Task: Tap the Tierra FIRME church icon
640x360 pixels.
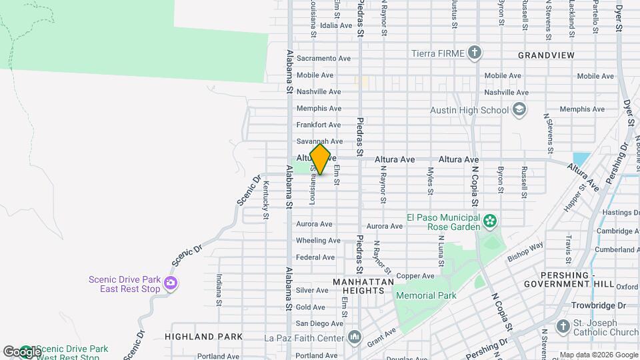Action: pyautogui.click(x=474, y=53)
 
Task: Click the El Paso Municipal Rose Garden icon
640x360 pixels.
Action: pyautogui.click(x=490, y=221)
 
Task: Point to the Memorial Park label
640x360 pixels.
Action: pyautogui.click(x=425, y=295)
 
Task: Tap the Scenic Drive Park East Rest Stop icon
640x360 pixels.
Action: pyautogui.click(x=171, y=284)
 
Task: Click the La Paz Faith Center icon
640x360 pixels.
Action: pyautogui.click(x=353, y=337)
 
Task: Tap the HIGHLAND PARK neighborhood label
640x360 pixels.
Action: pyautogui.click(x=203, y=337)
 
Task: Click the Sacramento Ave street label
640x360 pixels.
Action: pyautogui.click(x=323, y=59)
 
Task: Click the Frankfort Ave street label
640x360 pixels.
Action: pyautogui.click(x=319, y=125)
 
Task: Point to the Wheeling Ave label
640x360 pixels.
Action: pyautogui.click(x=316, y=240)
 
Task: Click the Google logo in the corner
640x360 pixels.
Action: pyautogui.click(x=21, y=351)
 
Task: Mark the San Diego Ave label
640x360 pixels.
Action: pyautogui.click(x=319, y=323)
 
